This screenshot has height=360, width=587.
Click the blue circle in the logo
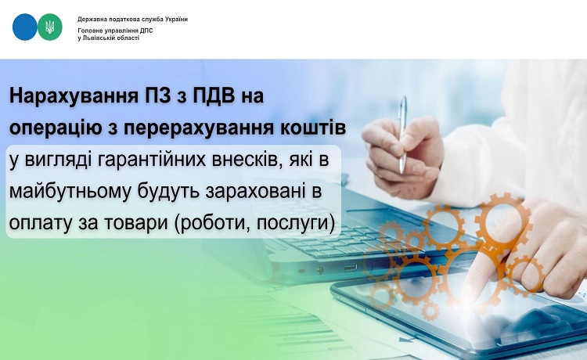pyautogui.click(x=25, y=27)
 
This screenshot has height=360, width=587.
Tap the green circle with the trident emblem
pyautogui.click(x=50, y=27)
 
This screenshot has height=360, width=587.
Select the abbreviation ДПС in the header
pyautogui.click(x=147, y=31)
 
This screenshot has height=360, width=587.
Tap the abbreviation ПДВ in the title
pyautogui.click(x=214, y=95)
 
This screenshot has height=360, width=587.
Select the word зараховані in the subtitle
pyautogui.click(x=254, y=192)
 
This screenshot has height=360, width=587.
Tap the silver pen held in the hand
pyautogui.click(x=403, y=135)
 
